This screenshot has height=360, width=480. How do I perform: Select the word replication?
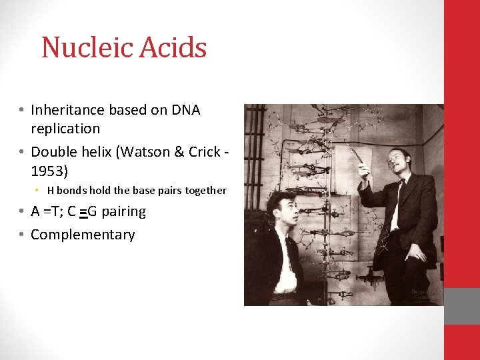65,129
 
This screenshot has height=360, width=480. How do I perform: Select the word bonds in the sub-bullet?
78,191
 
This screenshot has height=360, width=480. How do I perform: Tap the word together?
205,191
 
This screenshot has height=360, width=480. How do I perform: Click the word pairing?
123,212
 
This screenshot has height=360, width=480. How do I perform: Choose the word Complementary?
83,235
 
